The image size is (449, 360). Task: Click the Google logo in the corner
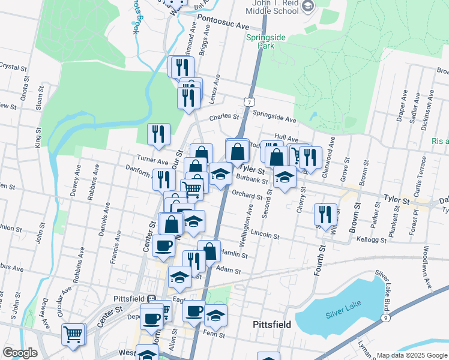pyautogui.click(x=20, y=353)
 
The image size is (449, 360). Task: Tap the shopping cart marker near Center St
pyautogui.click(x=74, y=334)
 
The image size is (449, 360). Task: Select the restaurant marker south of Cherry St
pyautogui.click(x=325, y=214)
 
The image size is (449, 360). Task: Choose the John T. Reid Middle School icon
pyautogui.click(x=308, y=7)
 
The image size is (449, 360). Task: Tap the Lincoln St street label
pyautogui.click(x=265, y=233)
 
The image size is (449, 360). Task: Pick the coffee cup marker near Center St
pyautogui.click(x=163, y=244)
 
